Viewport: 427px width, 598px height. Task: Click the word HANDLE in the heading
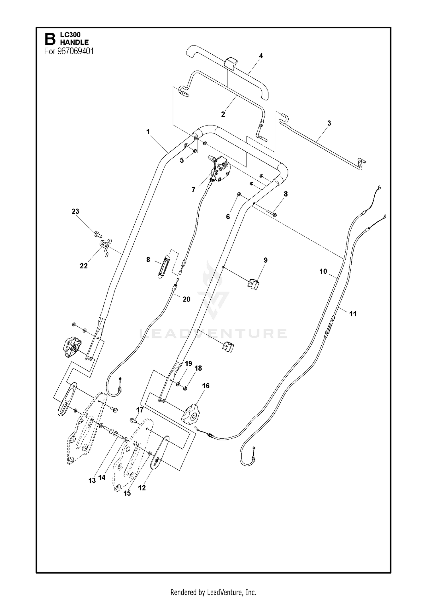point(74,42)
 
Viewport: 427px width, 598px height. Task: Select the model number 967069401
point(76,51)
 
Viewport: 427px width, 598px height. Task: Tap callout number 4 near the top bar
point(261,56)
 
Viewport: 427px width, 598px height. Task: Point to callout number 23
point(75,211)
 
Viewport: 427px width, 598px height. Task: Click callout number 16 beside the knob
point(206,386)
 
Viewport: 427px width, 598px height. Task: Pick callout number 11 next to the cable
point(353,314)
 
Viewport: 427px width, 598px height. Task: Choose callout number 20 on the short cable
point(186,299)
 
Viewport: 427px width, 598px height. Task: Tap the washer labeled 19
point(178,384)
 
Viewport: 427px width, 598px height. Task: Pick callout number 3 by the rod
point(329,123)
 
